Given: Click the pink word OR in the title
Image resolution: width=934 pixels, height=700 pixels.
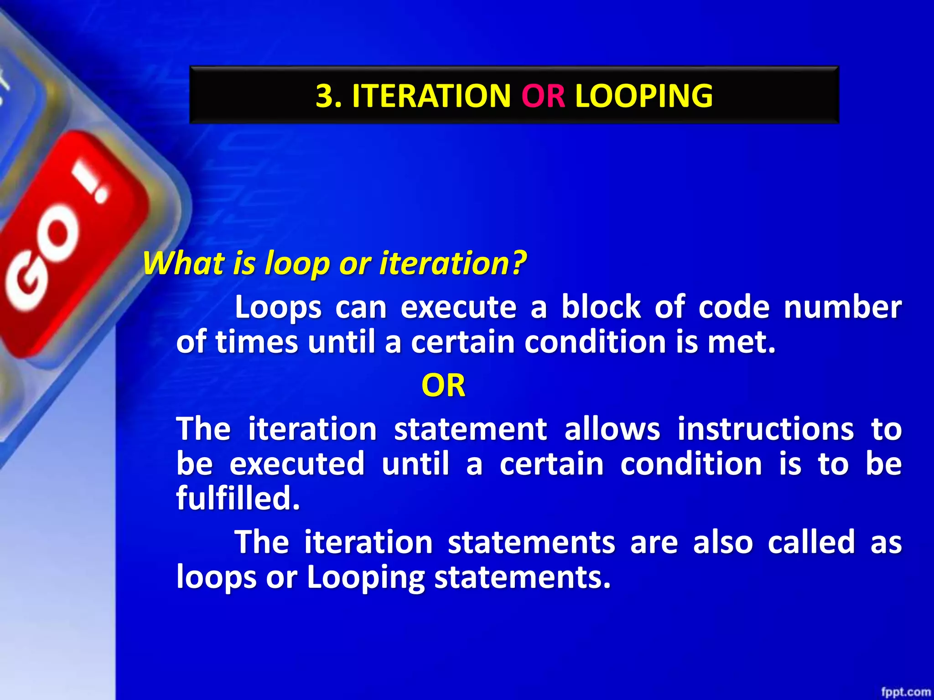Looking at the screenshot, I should click(x=543, y=96).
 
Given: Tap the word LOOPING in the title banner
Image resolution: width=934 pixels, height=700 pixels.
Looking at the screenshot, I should click(x=643, y=96).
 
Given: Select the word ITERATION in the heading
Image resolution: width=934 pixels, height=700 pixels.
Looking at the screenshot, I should click(x=431, y=96).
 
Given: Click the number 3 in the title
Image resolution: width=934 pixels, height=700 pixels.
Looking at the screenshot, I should click(x=325, y=96).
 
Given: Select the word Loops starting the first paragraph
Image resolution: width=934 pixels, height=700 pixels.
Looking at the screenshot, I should click(x=278, y=308).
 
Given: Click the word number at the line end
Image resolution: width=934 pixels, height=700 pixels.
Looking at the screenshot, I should click(x=842, y=307).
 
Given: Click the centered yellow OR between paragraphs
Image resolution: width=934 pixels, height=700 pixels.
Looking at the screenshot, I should click(x=443, y=386).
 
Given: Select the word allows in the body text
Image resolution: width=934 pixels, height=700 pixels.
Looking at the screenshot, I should click(x=612, y=429).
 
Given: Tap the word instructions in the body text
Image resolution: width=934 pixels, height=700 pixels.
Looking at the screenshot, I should click(x=765, y=429).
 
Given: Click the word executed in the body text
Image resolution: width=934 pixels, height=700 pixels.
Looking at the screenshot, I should click(x=297, y=464).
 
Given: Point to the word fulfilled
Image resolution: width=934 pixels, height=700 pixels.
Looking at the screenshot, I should click(x=237, y=498).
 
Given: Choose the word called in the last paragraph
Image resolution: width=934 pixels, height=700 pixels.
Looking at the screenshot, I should click(x=811, y=542).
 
